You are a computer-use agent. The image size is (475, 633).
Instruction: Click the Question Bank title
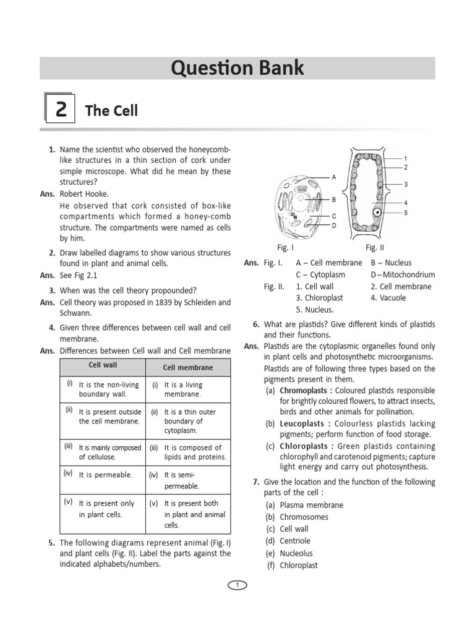[237, 69]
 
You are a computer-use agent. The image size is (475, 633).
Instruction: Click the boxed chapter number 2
[61, 111]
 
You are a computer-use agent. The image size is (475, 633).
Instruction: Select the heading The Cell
[111, 111]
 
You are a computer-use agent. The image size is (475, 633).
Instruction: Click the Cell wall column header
[103, 365]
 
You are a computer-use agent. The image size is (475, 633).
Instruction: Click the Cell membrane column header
[187, 367]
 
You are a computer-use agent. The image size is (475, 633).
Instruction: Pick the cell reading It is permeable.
[105, 475]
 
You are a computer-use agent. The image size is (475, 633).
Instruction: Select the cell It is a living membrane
[183, 389]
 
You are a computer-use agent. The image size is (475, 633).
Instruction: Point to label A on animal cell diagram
[334, 177]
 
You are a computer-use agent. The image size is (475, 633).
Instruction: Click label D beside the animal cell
[334, 226]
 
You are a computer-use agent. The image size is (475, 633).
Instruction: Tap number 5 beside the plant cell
[406, 213]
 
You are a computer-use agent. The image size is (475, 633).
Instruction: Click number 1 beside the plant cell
[406, 159]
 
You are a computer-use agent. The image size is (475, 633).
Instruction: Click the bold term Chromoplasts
[304, 391]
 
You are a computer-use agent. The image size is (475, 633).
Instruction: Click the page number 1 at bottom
[237, 585]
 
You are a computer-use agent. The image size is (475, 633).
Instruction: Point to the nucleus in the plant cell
[376, 213]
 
